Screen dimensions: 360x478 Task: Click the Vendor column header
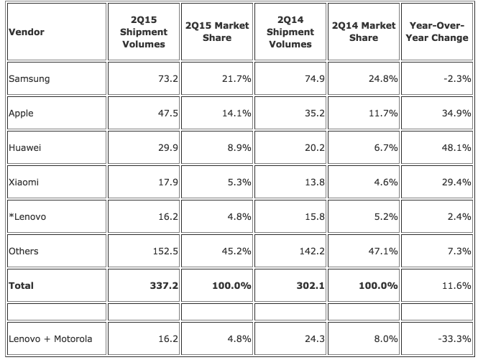(24, 32)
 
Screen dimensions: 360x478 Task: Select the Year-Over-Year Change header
(438, 32)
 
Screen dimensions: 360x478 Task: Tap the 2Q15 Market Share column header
(217, 32)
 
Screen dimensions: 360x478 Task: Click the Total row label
(22, 285)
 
